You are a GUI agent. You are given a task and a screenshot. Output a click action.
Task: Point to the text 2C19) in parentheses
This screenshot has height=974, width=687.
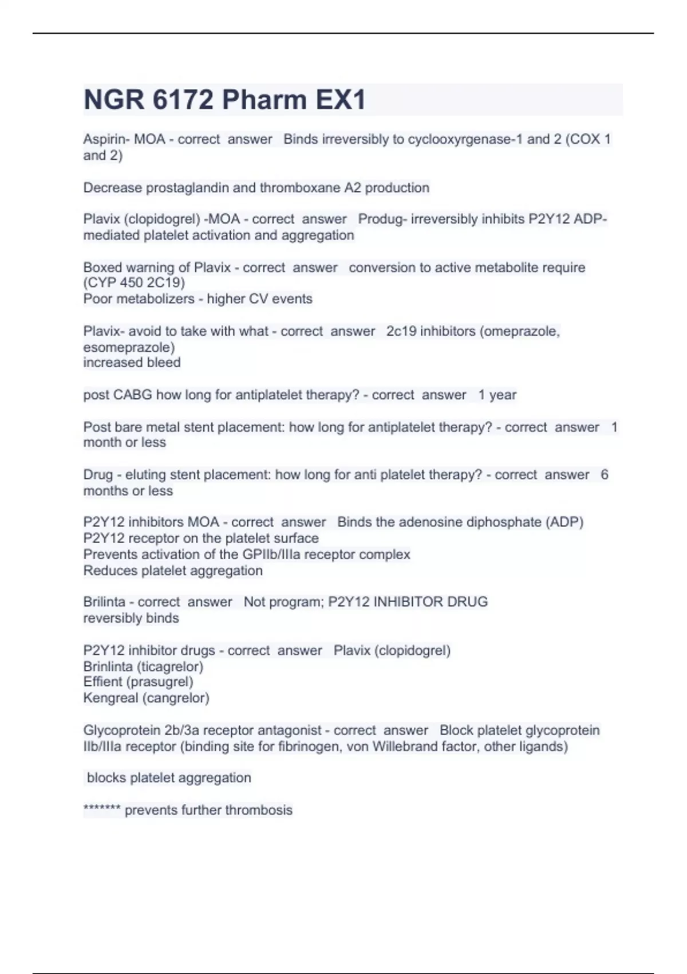pyautogui.click(x=166, y=282)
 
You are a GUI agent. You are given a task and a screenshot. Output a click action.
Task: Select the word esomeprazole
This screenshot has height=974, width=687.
pyautogui.click(x=128, y=347)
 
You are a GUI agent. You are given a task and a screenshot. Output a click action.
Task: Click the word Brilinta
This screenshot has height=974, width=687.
pyautogui.click(x=104, y=602)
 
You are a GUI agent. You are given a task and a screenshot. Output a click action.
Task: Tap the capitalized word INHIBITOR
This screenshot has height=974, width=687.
pyautogui.click(x=408, y=602)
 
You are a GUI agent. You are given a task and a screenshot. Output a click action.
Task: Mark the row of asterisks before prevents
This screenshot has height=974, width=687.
pyautogui.click(x=102, y=810)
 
